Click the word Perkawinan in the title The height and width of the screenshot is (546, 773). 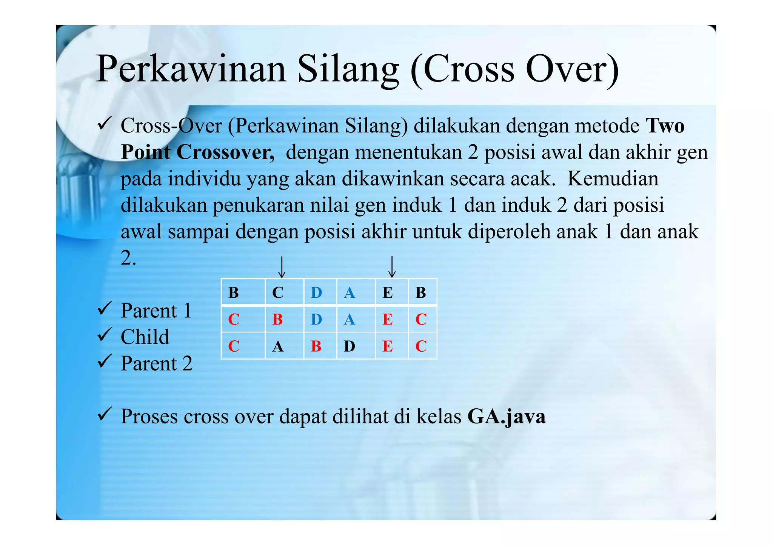[x=191, y=70]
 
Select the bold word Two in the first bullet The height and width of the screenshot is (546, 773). [x=665, y=126]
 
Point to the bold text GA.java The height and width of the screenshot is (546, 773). [x=506, y=417]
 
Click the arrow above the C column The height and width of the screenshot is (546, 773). [x=282, y=267]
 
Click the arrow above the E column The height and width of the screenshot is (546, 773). [x=392, y=266]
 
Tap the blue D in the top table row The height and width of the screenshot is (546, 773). [x=316, y=293]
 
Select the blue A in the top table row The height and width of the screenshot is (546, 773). [x=350, y=293]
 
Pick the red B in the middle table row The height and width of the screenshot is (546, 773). [x=277, y=320]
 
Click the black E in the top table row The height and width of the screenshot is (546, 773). [x=388, y=293]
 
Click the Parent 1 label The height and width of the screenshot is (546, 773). [x=156, y=311]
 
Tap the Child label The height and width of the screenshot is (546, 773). [x=145, y=337]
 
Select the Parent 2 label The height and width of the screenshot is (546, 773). [x=156, y=364]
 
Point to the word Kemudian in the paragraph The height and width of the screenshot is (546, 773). [x=613, y=179]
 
